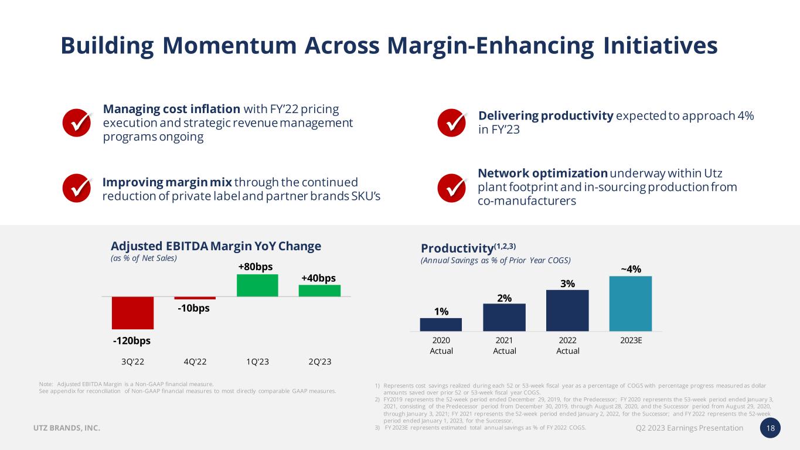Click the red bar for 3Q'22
[132, 313]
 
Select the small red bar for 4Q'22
[195, 298]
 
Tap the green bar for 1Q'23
[257, 285]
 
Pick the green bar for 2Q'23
[319, 291]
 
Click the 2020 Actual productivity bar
[441, 325]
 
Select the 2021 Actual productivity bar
[504, 318]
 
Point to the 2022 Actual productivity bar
[567, 311]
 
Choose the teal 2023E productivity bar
[631, 304]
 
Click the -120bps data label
[132, 340]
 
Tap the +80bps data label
[256, 267]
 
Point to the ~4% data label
[631, 269]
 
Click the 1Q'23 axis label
[258, 362]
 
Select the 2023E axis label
[631, 340]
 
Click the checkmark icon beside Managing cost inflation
[77, 122]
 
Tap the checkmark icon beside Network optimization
[452, 187]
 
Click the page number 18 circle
[771, 428]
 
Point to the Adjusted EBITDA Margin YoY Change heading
[216, 246]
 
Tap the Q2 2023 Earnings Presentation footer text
[689, 428]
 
